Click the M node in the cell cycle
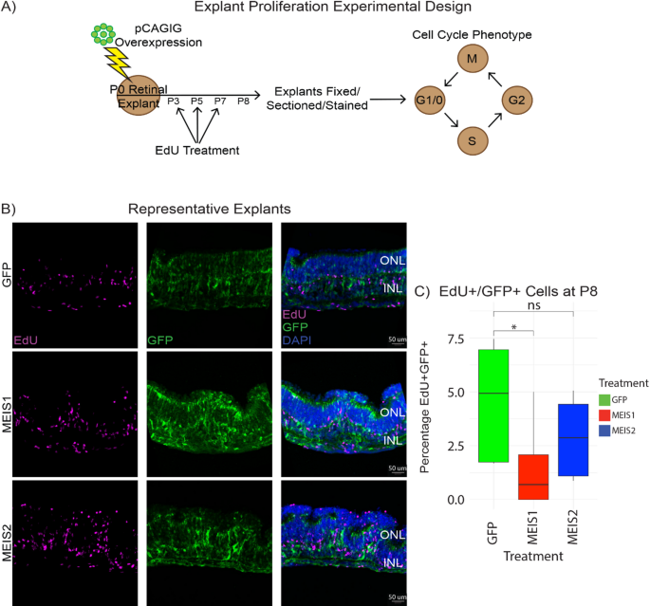[x=473, y=59]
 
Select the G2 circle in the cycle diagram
[x=516, y=100]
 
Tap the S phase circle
[x=473, y=141]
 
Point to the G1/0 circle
[x=430, y=100]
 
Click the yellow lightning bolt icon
[x=119, y=63]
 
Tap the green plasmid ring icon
[x=103, y=34]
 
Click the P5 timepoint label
[x=197, y=101]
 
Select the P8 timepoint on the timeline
[x=243, y=101]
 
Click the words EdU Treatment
[x=197, y=150]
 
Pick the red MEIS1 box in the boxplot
[x=533, y=477]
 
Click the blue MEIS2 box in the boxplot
[x=573, y=440]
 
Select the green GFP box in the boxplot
[x=493, y=406]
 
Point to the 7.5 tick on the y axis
[x=456, y=339]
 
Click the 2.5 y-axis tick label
[x=456, y=446]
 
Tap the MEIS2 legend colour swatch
[x=604, y=431]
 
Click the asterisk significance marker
[x=514, y=327]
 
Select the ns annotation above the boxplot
[x=534, y=305]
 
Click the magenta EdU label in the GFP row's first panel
[x=26, y=340]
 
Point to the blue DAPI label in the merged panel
[x=297, y=340]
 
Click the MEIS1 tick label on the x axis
[x=532, y=527]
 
